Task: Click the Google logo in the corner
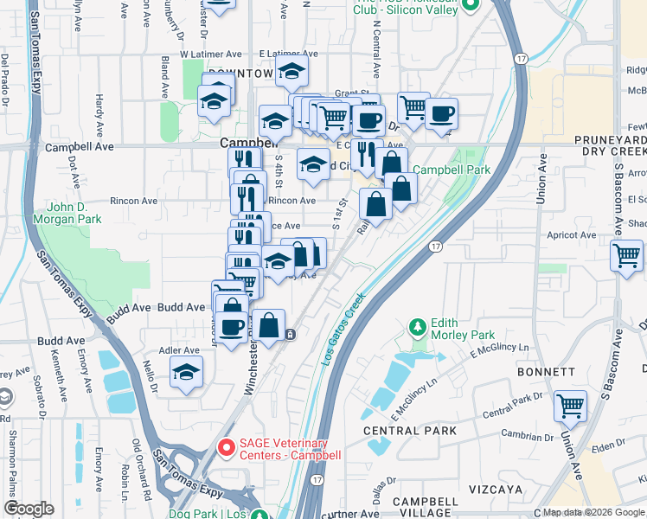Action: click(x=29, y=509)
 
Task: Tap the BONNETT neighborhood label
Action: click(x=547, y=371)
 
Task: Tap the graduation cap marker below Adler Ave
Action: click(x=186, y=372)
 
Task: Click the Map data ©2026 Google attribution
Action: click(x=593, y=512)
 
